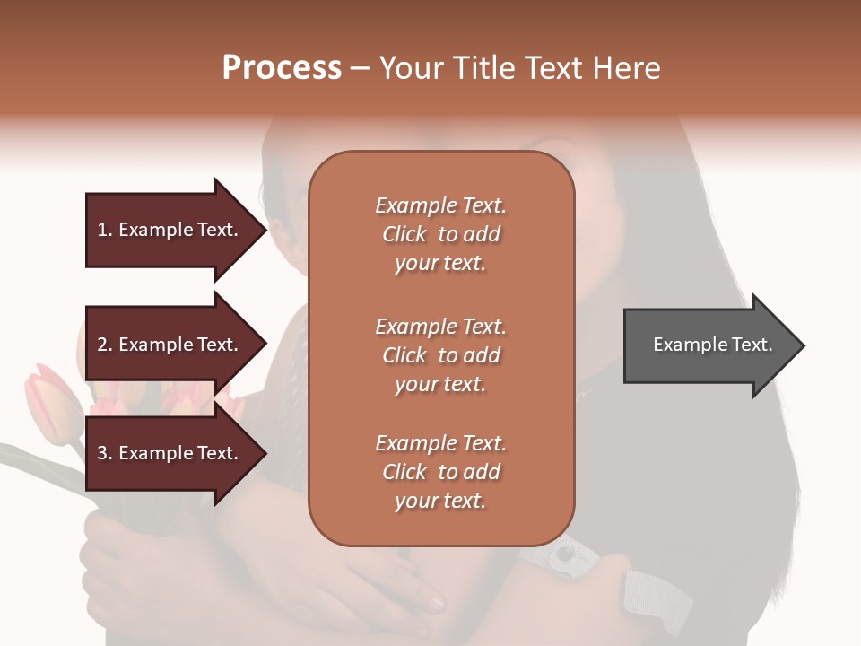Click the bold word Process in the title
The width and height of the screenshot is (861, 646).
(282, 68)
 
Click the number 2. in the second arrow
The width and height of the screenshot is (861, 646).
(105, 345)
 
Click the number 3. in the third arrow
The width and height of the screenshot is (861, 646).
(105, 453)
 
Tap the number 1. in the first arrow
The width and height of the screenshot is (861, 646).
(104, 230)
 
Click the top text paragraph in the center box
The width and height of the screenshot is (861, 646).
(441, 234)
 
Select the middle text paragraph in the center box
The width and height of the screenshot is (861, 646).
(441, 355)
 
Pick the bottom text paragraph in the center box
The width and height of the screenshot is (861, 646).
(441, 472)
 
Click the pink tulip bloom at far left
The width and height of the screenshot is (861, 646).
(45, 404)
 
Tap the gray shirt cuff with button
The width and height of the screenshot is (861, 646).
(561, 554)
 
